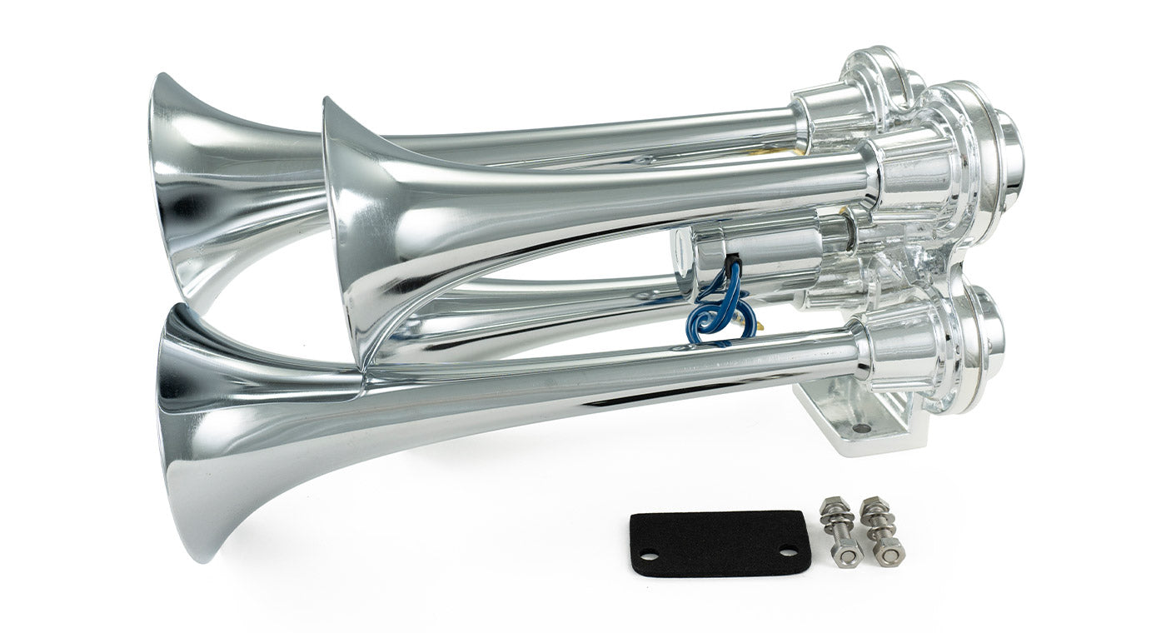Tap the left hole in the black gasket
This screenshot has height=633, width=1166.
pyautogui.click(x=648, y=556)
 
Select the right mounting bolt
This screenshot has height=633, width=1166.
pyautogui.click(x=881, y=529)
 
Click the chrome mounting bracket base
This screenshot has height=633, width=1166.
pyautogui.click(x=841, y=425)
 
